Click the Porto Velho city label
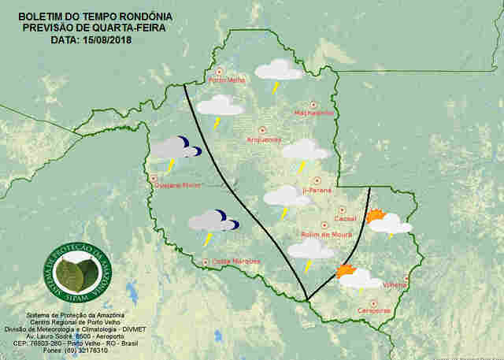(x=226, y=80)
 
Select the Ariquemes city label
(x=264, y=139)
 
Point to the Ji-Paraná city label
(x=317, y=191)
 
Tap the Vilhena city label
(x=395, y=285)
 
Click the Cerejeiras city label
(x=374, y=311)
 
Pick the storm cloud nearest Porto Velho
(x=278, y=72)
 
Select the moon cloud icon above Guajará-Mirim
(x=175, y=149)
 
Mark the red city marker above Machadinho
(x=313, y=104)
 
